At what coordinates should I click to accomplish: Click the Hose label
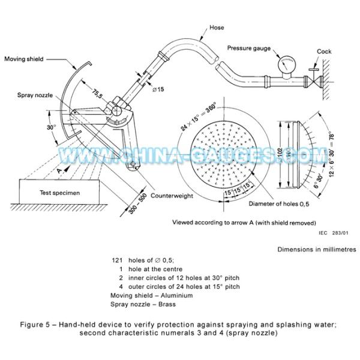pos(218,27)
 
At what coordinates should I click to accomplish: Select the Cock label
pos(324,52)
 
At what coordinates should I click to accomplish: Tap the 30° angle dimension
pos(52,128)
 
